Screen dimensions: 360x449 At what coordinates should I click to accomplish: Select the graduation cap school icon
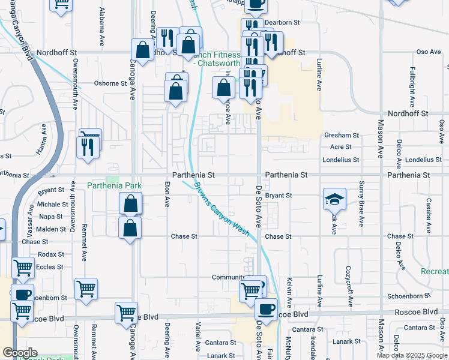point(334,199)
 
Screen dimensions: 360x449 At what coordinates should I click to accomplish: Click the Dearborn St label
point(284,22)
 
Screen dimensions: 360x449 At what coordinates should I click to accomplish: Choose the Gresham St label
point(341,136)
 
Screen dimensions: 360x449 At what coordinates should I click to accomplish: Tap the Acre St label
point(341,146)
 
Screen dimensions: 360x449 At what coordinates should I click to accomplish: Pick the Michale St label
point(48,205)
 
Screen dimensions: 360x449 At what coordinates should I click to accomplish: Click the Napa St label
point(51,217)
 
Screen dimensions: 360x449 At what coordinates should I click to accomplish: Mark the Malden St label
point(47,229)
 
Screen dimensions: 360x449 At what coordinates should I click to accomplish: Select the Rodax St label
point(50,254)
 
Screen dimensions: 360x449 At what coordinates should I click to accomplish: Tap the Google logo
point(20,353)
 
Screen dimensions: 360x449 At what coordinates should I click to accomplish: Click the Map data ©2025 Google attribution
point(411,355)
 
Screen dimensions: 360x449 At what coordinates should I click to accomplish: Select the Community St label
point(229,277)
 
